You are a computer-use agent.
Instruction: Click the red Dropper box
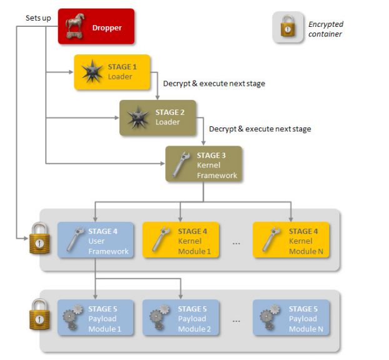click(x=96, y=26)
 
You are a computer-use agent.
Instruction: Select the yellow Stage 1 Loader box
click(x=113, y=72)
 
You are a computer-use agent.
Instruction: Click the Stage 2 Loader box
click(x=158, y=117)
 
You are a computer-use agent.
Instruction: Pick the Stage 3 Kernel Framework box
click(x=203, y=164)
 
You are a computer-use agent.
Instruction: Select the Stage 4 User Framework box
click(x=96, y=240)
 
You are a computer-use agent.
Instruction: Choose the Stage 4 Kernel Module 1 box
click(x=181, y=240)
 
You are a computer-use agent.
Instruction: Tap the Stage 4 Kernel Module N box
click(x=291, y=240)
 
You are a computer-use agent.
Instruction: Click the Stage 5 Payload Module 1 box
click(x=96, y=317)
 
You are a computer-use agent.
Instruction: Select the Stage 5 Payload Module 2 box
click(x=181, y=317)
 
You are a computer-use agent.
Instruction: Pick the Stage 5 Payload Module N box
click(x=291, y=317)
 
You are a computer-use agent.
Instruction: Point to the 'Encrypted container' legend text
click(x=326, y=29)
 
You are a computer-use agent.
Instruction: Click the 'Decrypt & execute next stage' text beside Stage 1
click(x=214, y=83)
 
